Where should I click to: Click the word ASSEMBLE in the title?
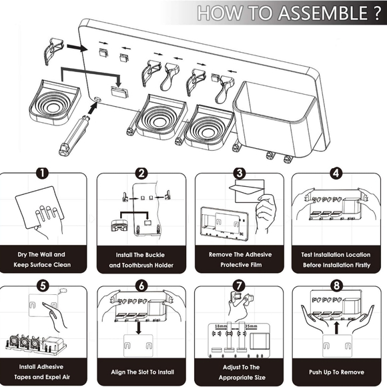[323, 13]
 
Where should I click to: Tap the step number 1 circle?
[43, 173]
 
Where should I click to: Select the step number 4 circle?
[336, 173]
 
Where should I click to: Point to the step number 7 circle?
[239, 286]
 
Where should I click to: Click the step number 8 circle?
[336, 286]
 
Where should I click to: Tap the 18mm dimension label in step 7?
[221, 326]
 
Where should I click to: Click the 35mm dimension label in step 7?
[251, 326]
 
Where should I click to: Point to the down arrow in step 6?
[139, 328]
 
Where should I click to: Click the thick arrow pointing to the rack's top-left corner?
[77, 47]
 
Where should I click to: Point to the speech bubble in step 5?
[63, 291]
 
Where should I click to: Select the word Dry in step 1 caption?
[22, 254]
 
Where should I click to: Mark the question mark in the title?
[376, 13]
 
